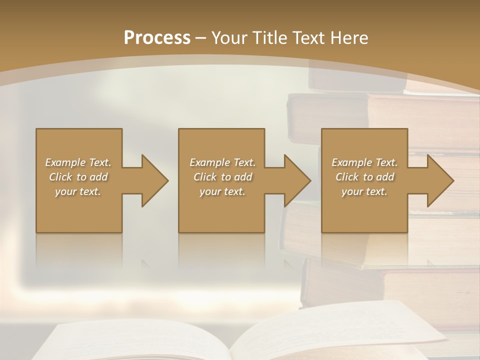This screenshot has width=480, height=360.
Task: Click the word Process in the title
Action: click(157, 38)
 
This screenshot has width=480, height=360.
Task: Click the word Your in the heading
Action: click(230, 38)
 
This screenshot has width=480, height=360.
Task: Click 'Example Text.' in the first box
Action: click(78, 162)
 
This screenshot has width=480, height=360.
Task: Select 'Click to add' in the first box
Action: click(78, 177)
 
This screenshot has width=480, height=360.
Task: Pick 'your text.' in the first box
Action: click(78, 191)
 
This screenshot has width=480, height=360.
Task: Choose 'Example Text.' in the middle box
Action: click(222, 162)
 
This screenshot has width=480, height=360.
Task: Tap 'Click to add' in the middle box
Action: click(222, 177)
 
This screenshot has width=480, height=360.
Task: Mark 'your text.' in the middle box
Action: click(222, 191)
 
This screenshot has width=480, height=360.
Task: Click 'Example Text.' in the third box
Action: click(364, 162)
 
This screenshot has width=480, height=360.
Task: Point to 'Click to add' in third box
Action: click(364, 177)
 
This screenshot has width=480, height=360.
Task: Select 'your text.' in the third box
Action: click(364, 191)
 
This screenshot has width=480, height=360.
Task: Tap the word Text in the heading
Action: click(308, 38)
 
